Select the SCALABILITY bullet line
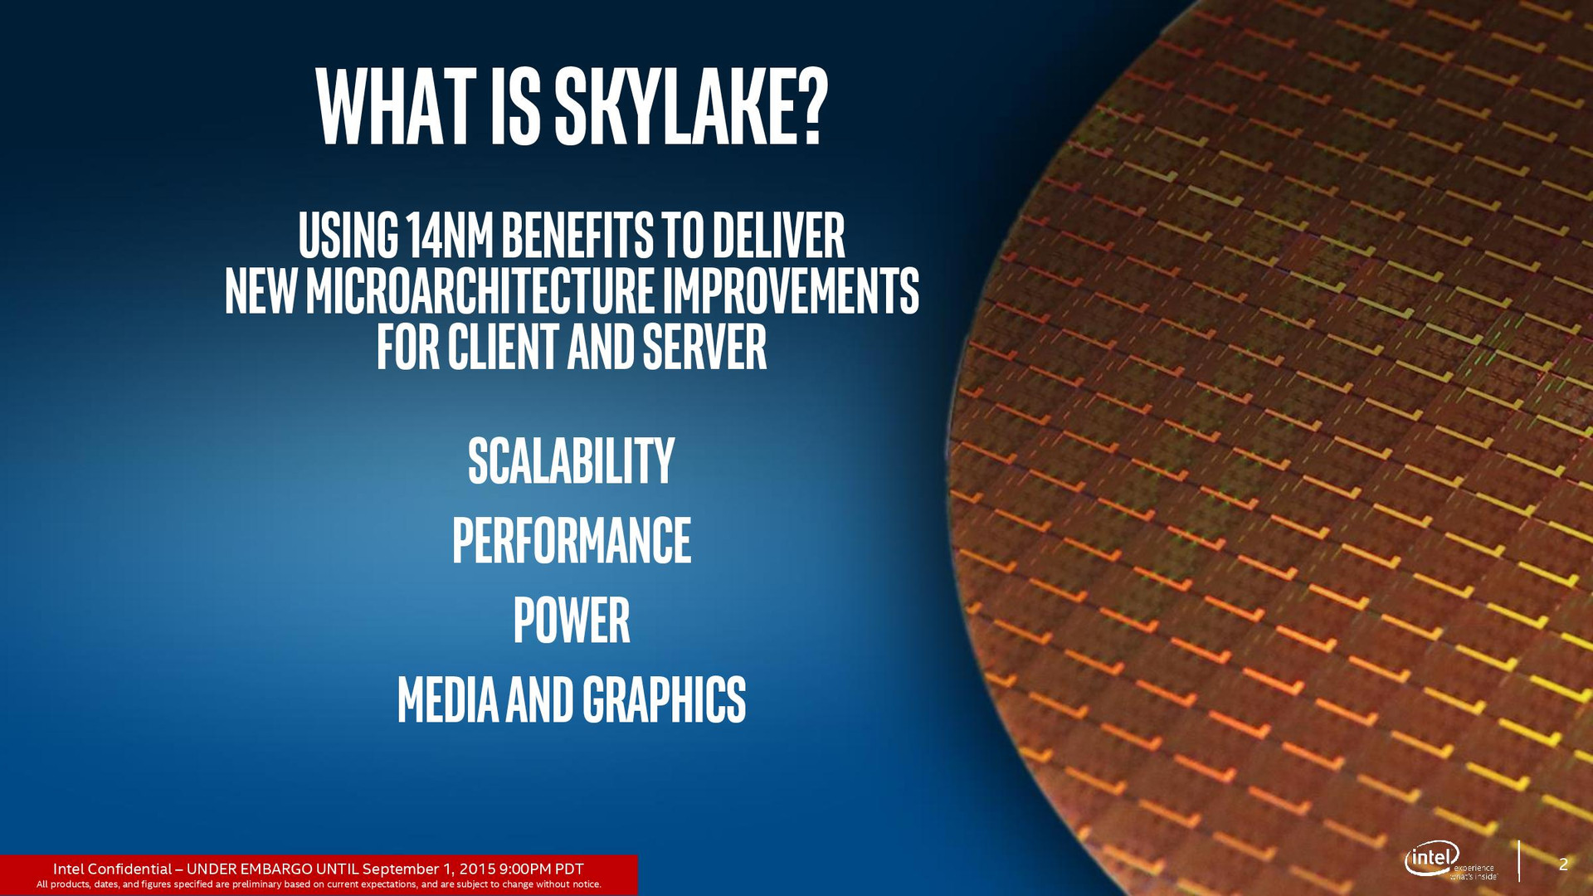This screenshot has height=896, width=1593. [x=571, y=461]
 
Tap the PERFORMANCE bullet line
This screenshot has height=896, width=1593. [x=571, y=540]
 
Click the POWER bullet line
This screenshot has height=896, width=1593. [x=571, y=620]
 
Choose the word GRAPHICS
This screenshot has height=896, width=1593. [x=664, y=699]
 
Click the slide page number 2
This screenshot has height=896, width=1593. [x=1563, y=864]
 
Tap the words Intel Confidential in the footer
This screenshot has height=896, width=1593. [x=112, y=869]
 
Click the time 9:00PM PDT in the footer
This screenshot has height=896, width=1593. [x=541, y=869]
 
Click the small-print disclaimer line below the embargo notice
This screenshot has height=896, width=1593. [x=319, y=884]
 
